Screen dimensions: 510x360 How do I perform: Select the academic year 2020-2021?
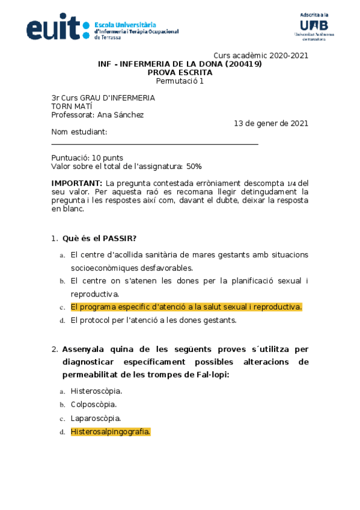[288, 55]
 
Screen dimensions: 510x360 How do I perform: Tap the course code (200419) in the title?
[240, 64]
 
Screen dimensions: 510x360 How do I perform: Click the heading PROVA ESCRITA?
[180, 73]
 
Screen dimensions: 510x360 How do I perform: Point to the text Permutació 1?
[180, 81]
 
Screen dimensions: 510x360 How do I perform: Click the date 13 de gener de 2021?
[271, 124]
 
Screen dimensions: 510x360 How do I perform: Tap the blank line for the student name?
[154, 144]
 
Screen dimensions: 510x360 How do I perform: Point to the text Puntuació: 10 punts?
[87, 158]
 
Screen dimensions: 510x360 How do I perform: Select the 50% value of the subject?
[194, 166]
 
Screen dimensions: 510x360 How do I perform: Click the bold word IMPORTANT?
[77, 183]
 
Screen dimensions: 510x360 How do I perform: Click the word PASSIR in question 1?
[120, 238]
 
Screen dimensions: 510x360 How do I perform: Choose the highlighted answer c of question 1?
[186, 307]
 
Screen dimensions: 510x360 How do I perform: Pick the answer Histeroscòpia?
[96, 391]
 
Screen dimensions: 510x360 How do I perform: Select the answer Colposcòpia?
[93, 405]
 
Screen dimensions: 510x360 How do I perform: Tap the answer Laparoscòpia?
[96, 418]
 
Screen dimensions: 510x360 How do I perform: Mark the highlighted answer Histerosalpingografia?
[111, 432]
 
